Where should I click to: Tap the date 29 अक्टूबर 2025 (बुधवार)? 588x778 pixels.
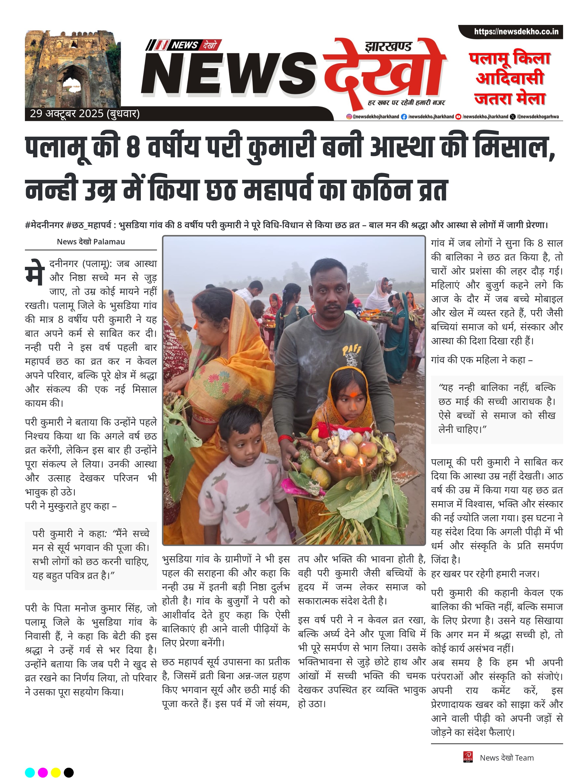pyautogui.click(x=85, y=114)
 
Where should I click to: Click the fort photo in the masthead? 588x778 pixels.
pyautogui.click(x=73, y=69)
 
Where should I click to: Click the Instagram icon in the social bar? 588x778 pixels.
pyautogui.click(x=349, y=117)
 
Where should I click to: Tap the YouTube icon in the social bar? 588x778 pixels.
pyautogui.click(x=458, y=117)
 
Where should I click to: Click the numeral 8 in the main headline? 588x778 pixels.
pyautogui.click(x=133, y=148)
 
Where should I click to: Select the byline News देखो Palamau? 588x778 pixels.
pyautogui.click(x=91, y=242)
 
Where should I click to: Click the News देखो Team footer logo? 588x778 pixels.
pyautogui.click(x=468, y=757)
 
